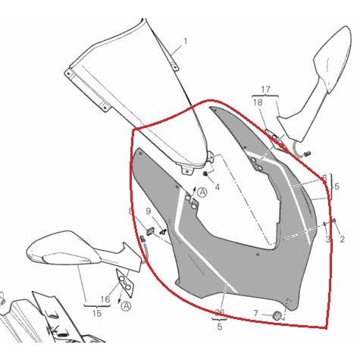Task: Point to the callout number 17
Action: (x=265, y=89)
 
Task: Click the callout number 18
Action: (x=257, y=102)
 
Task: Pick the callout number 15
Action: (x=96, y=312)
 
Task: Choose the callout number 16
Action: (x=105, y=299)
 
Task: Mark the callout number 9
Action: (x=149, y=211)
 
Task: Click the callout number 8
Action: (x=130, y=211)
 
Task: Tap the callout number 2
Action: (x=342, y=239)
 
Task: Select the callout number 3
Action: (x=327, y=239)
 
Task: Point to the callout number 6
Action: (x=324, y=178)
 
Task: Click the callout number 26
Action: (x=220, y=312)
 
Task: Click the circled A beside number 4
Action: (x=202, y=193)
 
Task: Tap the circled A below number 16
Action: (x=126, y=306)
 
